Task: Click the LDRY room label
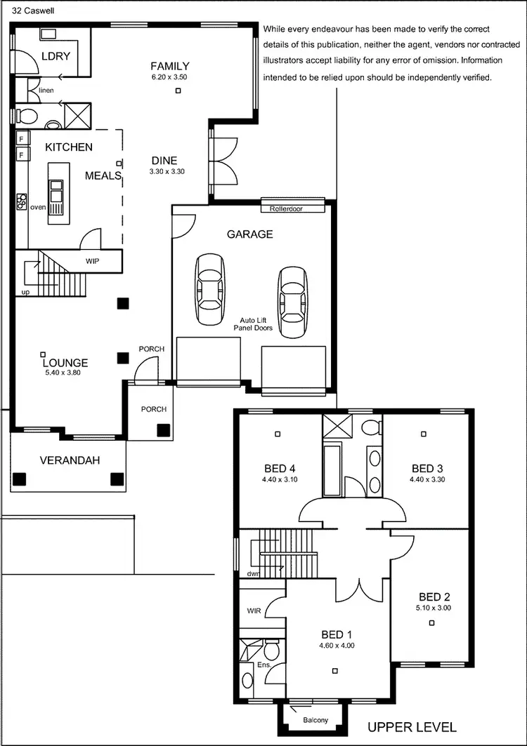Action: click(56, 55)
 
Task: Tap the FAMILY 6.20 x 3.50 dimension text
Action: click(169, 76)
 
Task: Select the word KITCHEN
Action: click(69, 147)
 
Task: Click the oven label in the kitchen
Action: click(38, 207)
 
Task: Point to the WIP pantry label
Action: click(92, 260)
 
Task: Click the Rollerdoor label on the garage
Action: click(290, 208)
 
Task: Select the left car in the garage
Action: click(212, 289)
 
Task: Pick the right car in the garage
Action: click(292, 302)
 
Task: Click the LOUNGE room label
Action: click(65, 363)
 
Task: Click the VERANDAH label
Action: click(69, 460)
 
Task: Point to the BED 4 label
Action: click(275, 468)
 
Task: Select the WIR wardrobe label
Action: click(254, 611)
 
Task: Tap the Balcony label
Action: click(315, 721)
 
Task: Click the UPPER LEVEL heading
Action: click(412, 727)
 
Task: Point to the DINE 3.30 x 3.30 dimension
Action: click(167, 171)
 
